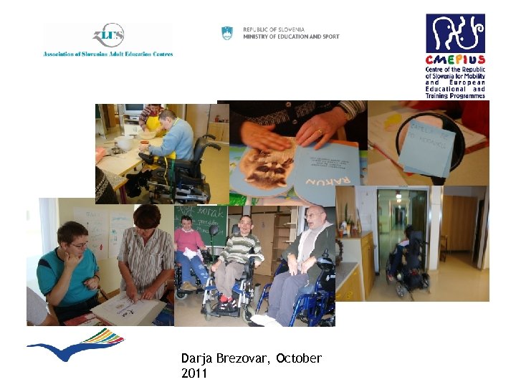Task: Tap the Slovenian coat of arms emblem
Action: [x=227, y=33]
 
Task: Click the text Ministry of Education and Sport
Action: [x=291, y=37]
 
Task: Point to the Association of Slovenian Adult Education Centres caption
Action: [x=108, y=54]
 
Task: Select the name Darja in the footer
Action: [x=197, y=358]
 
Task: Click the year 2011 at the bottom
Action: [x=195, y=373]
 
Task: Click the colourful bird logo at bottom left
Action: [x=75, y=346]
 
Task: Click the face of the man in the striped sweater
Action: [x=246, y=225]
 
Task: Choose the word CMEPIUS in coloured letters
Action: [x=455, y=60]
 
